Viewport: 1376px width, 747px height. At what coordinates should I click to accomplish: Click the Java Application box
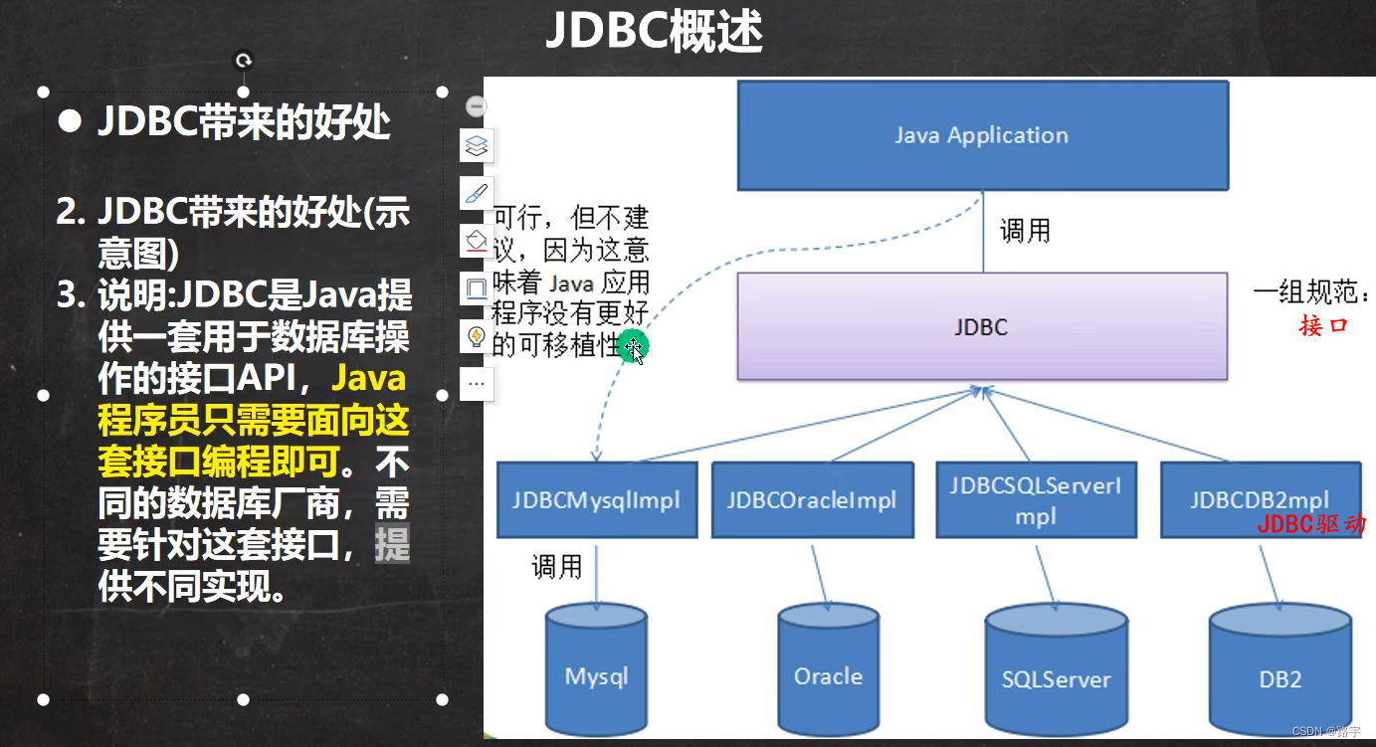(x=982, y=136)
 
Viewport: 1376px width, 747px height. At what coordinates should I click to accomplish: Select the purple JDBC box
(x=982, y=326)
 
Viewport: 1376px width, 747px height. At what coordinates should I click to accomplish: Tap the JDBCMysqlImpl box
(x=596, y=499)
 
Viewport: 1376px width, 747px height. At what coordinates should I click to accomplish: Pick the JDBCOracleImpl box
(x=812, y=499)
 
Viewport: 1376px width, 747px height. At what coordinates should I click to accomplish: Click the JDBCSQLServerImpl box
(x=1036, y=500)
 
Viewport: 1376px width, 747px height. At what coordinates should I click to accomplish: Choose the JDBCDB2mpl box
(x=1260, y=499)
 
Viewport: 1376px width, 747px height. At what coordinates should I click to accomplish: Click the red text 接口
(x=1323, y=325)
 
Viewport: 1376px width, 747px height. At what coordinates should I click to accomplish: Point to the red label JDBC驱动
(x=1310, y=524)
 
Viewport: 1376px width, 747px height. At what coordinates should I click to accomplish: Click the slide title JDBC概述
(x=654, y=33)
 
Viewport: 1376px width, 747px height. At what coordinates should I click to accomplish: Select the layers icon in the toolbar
(x=477, y=146)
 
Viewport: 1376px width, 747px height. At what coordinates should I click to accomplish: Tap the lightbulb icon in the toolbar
(x=477, y=336)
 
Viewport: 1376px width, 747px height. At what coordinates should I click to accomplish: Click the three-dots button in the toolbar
(x=477, y=383)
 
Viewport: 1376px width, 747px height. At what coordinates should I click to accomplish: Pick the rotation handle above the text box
(x=243, y=61)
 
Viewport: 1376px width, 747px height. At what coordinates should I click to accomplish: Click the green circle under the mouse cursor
(x=631, y=346)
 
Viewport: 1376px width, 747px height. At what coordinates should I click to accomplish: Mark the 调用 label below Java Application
(x=1025, y=231)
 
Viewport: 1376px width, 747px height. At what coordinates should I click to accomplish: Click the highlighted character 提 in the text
(x=392, y=545)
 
